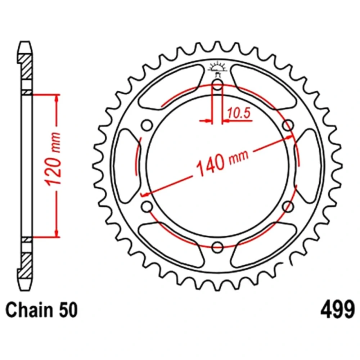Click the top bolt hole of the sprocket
[x=217, y=85]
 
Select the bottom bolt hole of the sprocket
[x=217, y=247]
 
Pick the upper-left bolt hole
[x=147, y=126]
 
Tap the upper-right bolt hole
[x=288, y=126]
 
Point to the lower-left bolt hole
[x=147, y=207]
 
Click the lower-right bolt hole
[x=288, y=207]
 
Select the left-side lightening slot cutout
[x=127, y=166]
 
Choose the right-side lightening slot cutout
[x=308, y=166]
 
